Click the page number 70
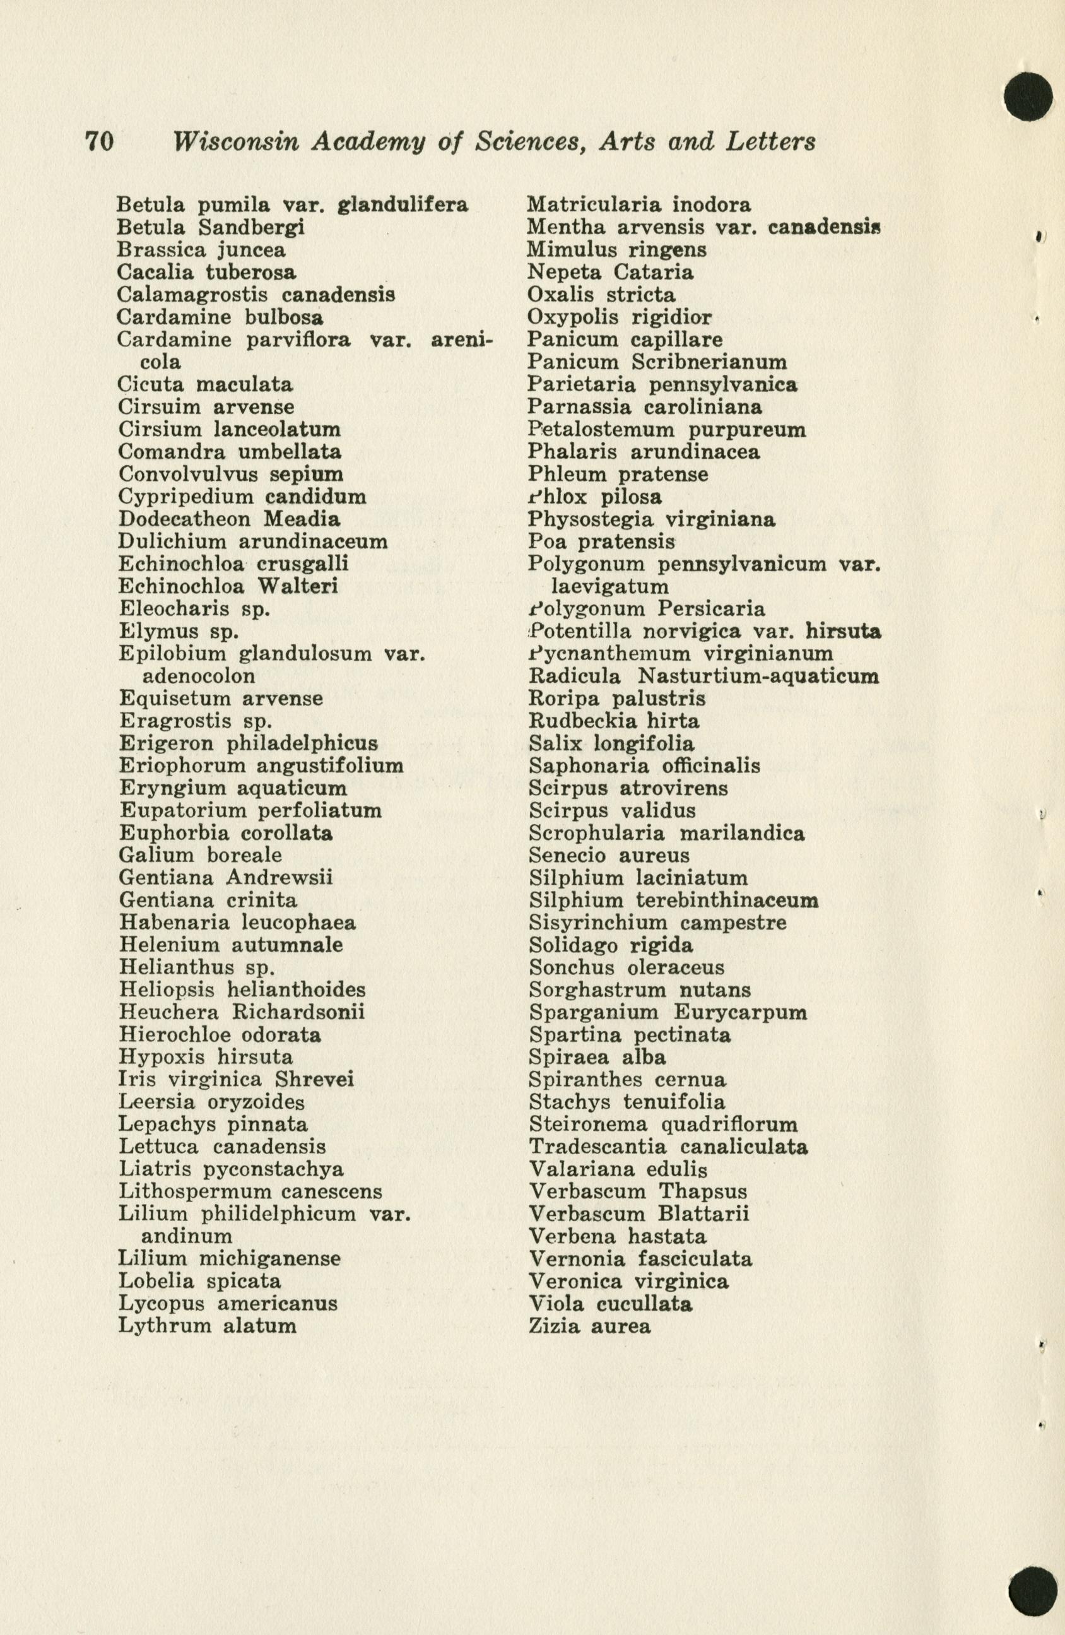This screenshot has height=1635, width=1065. click(x=99, y=141)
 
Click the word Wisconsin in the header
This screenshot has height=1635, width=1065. click(x=237, y=141)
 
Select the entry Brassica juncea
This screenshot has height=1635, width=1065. click(x=201, y=249)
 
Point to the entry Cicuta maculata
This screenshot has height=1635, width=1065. click(x=205, y=384)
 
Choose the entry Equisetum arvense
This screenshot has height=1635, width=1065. click(x=220, y=699)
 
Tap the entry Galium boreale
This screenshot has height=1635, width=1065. click(x=200, y=855)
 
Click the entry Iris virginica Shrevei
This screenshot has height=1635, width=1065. click(x=236, y=1080)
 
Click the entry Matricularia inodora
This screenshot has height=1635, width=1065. click(x=638, y=204)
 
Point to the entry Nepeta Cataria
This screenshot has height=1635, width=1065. click(x=609, y=272)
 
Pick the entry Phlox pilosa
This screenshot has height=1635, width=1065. click(x=594, y=496)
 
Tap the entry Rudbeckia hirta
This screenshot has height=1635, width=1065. click(x=614, y=721)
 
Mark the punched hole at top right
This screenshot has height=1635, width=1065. click(x=1028, y=96)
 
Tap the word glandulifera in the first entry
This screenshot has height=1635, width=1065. click(x=403, y=204)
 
